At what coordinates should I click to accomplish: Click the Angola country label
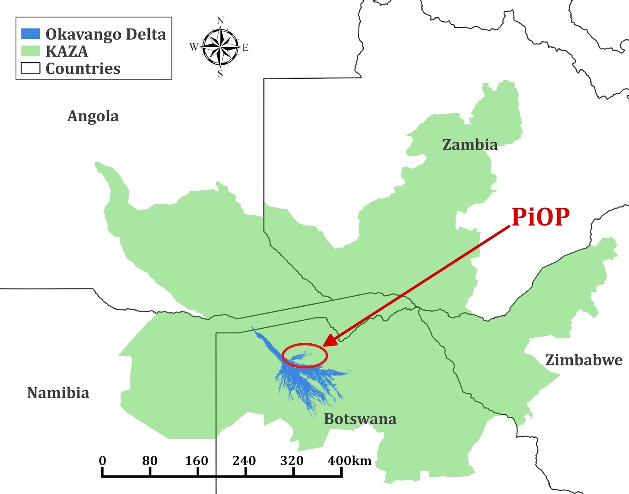(93, 116)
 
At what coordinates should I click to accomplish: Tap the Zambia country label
(470, 144)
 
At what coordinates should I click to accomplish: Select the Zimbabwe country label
(584, 360)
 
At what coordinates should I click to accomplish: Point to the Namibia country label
(58, 393)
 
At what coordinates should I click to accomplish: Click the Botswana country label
(360, 419)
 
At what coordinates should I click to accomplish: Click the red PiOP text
(541, 216)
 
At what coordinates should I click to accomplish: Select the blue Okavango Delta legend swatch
(30, 34)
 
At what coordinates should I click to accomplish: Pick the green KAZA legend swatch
(30, 51)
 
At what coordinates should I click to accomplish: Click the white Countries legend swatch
(30, 68)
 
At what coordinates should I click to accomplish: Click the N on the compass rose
(221, 20)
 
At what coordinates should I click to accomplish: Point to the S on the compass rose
(220, 74)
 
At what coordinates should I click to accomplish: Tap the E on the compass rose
(245, 48)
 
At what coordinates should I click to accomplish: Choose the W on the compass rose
(194, 47)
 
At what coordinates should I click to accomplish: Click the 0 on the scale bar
(103, 461)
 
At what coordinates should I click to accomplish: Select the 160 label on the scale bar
(197, 461)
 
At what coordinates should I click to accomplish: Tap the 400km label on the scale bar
(349, 461)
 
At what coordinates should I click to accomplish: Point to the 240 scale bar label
(244, 461)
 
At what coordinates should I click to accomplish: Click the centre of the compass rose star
(220, 47)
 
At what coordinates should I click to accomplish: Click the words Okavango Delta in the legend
(106, 34)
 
